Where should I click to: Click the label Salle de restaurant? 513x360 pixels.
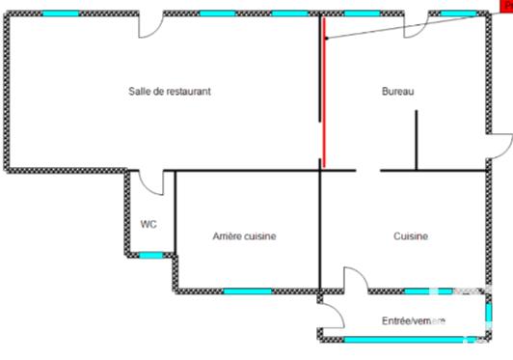coord(170,92)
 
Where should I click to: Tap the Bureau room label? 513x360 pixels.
coord(398,92)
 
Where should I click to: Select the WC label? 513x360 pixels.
coord(148,225)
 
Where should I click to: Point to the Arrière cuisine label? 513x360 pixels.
coord(245,235)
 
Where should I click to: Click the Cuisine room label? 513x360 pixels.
coord(411,235)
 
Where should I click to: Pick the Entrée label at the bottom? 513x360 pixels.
coord(413,320)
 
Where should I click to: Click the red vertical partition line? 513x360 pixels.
coord(324,92)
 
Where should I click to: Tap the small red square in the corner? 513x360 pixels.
coord(507,6)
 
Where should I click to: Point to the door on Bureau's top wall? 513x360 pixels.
coord(416,25)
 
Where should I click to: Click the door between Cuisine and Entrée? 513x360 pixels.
coord(356,281)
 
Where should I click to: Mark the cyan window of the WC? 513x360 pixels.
coord(150,256)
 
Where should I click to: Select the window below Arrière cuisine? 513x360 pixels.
coord(247,291)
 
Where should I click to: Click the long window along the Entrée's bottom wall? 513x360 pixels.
coord(395,339)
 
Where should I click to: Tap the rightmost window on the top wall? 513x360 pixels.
coord(459,14)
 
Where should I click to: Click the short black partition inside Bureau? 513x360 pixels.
coord(417,140)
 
